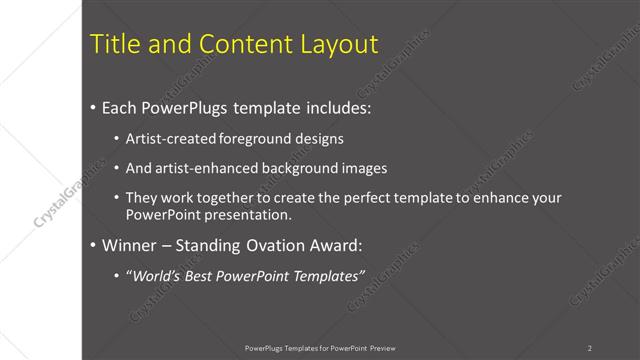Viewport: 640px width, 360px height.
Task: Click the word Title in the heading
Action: click(x=114, y=44)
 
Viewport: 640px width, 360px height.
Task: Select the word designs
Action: click(x=318, y=138)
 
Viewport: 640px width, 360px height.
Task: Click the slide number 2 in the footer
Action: click(x=590, y=348)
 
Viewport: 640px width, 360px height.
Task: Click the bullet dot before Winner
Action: click(x=93, y=245)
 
